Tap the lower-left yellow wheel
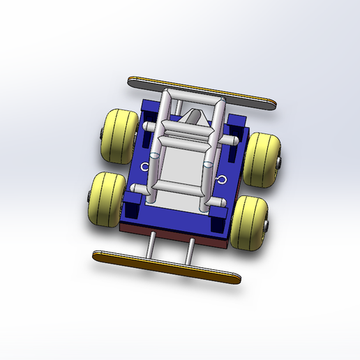tap(106, 199)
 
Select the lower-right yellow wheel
tap(249, 223)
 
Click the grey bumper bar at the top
tap(202, 92)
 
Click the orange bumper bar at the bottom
tap(165, 266)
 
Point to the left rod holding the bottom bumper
tap(151, 245)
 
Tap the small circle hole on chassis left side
tap(145, 167)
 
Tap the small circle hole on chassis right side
tap(222, 180)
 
